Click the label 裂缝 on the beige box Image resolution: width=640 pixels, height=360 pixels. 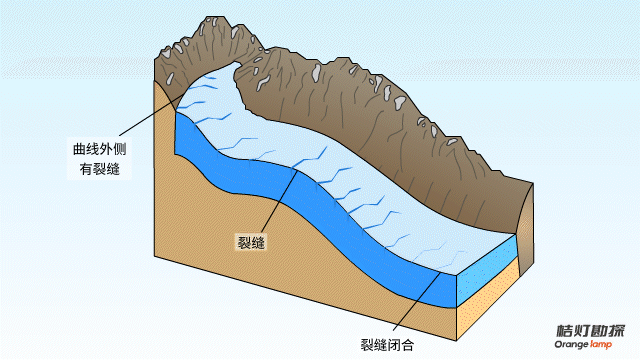point(251,242)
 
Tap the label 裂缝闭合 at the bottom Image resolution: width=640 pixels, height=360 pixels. point(387,345)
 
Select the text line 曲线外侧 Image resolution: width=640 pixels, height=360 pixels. point(100,149)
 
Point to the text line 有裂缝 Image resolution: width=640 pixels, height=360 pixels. point(100,169)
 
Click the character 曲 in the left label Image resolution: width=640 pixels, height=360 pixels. point(80,149)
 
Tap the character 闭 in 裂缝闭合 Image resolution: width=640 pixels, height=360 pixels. point(394,345)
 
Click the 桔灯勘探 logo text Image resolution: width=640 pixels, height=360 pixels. point(591,331)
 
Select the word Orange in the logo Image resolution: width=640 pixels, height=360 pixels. point(571,345)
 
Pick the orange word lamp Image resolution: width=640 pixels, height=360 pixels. point(601,345)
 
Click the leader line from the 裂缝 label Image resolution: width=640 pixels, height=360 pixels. point(279,201)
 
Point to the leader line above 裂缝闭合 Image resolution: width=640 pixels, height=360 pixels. point(417,301)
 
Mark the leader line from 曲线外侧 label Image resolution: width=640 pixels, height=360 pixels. point(150,115)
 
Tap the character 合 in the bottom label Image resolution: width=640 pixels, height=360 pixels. point(408,345)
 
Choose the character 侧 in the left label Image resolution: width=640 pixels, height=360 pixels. point(120,149)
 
